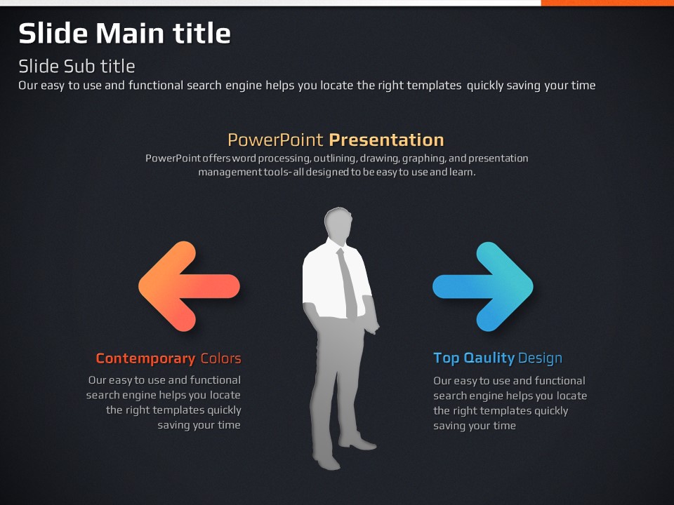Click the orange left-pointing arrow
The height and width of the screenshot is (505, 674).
[189, 286]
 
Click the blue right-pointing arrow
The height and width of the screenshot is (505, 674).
[483, 286]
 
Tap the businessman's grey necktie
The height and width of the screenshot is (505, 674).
[348, 283]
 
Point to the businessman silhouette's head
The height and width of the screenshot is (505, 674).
[338, 223]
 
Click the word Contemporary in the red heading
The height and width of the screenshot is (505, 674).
[146, 358]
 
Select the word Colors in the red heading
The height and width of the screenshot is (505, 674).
[221, 358]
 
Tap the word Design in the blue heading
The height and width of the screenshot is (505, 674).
[541, 358]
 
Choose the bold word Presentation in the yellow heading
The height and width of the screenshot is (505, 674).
[386, 140]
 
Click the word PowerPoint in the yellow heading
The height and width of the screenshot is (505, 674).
[275, 140]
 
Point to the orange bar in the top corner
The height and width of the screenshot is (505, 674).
[607, 3]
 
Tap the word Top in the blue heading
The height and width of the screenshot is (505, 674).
[447, 358]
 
